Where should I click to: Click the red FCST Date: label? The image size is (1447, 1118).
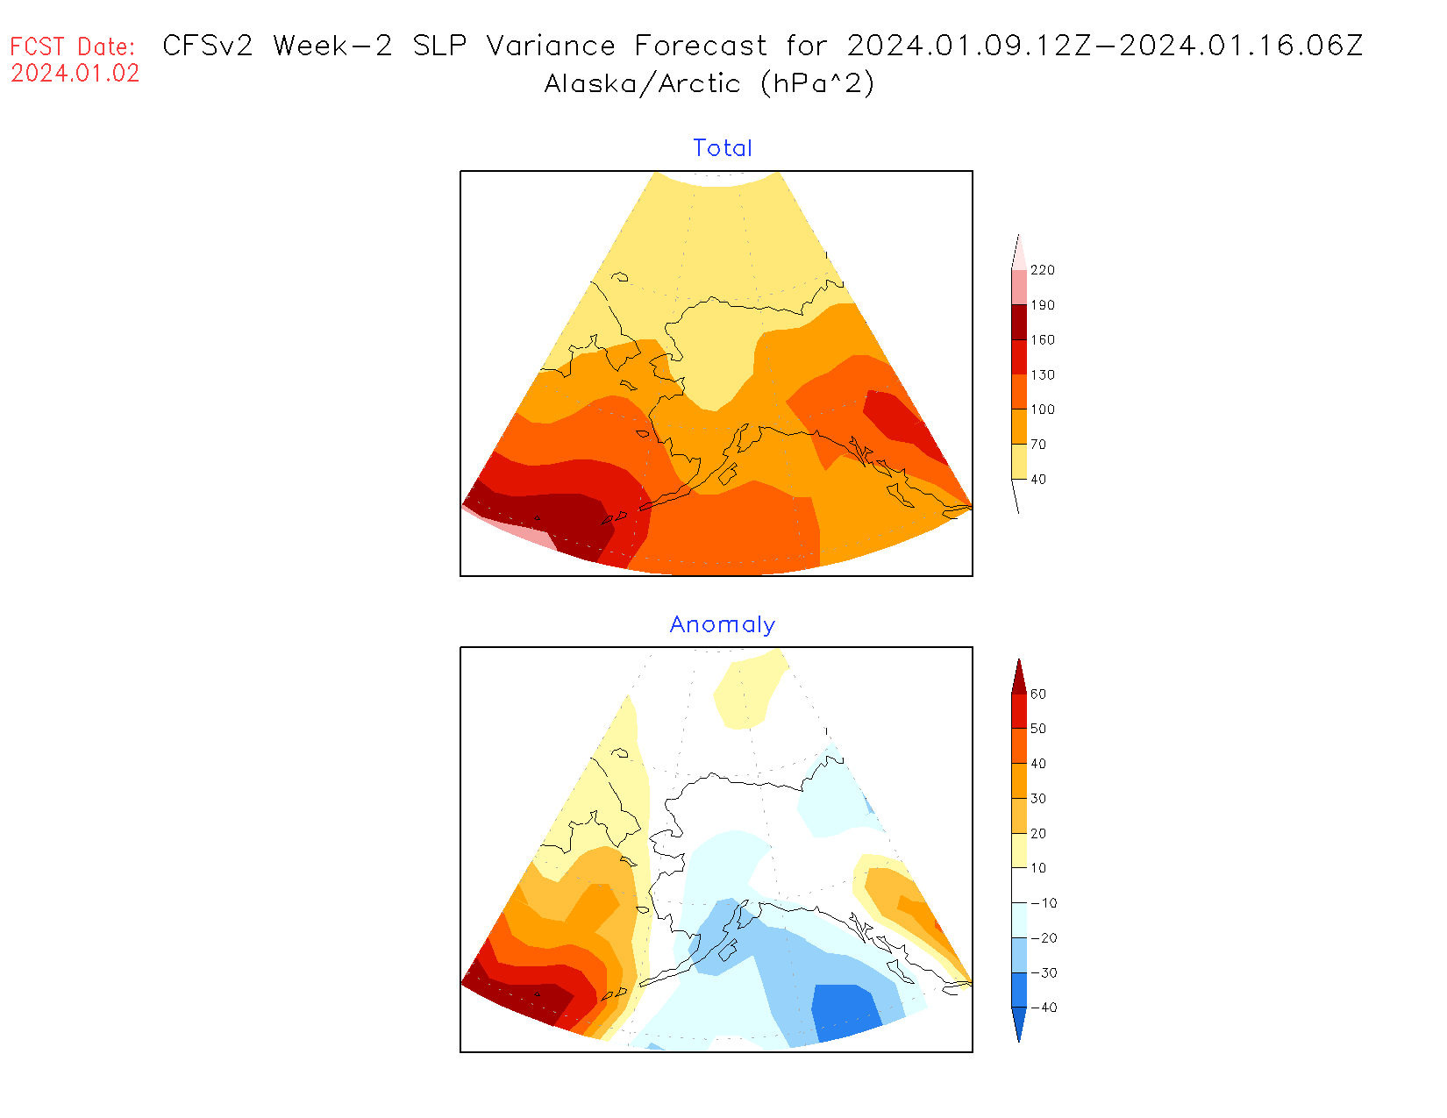(x=73, y=46)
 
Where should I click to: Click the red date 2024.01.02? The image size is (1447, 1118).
(x=75, y=74)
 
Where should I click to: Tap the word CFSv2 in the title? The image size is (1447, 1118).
(x=208, y=46)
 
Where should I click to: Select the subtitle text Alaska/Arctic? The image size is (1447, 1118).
(x=642, y=84)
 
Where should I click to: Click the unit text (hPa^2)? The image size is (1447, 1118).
(x=817, y=84)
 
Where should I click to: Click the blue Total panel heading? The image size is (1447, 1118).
(x=723, y=148)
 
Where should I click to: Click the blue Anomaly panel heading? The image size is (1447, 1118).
(x=723, y=624)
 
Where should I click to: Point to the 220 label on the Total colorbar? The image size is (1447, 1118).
(x=1043, y=270)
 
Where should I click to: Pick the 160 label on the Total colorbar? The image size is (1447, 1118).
(x=1043, y=340)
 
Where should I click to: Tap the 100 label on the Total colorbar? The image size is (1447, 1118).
(x=1043, y=409)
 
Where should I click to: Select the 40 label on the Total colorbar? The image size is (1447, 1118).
(x=1038, y=480)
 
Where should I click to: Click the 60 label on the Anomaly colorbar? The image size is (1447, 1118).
(x=1038, y=694)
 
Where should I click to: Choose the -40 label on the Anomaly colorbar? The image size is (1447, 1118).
(x=1044, y=1008)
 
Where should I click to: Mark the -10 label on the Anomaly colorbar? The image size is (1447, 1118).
(x=1044, y=903)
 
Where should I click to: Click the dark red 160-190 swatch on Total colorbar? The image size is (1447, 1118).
(x=1019, y=322)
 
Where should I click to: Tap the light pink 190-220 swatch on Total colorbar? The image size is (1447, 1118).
(x=1019, y=287)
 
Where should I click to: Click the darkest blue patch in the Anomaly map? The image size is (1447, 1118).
(x=845, y=1011)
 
